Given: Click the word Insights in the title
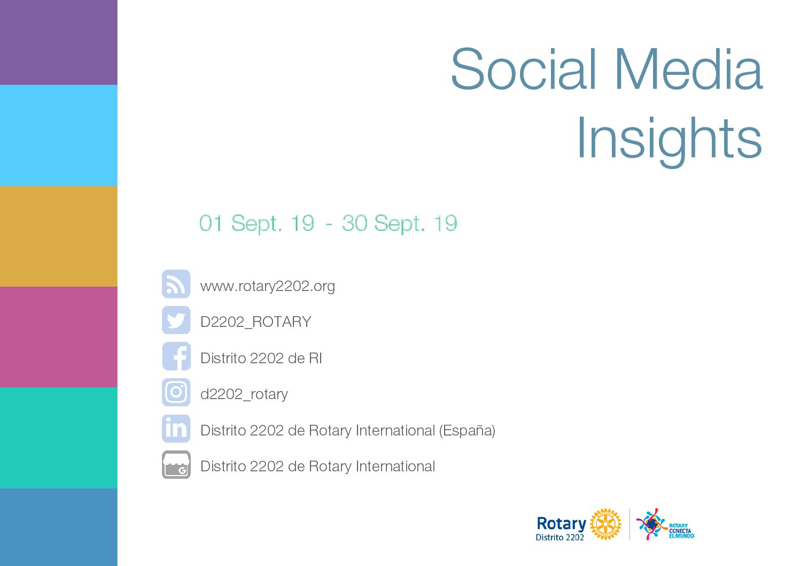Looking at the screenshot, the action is tap(670, 140).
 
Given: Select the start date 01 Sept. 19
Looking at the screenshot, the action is tap(257, 224).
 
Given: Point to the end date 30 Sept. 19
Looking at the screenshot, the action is tap(399, 224).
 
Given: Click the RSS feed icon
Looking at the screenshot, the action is tap(176, 284).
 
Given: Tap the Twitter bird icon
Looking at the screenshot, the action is tap(176, 320).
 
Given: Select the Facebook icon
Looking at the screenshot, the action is tap(176, 356).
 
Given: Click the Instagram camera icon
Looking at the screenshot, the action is tap(176, 392).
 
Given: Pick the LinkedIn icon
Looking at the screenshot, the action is tap(176, 429).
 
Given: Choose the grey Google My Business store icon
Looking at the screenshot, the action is tap(176, 464).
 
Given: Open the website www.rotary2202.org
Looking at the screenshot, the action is tap(268, 286).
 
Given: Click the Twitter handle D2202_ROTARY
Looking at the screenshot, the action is tap(256, 322).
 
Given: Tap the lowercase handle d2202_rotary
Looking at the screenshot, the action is tap(244, 394).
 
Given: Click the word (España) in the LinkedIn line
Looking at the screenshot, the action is tap(467, 431).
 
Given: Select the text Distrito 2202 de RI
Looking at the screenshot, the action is tap(261, 358).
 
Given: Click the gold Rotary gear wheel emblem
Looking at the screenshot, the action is tap(605, 524).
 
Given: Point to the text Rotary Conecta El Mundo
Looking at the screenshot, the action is tap(681, 531).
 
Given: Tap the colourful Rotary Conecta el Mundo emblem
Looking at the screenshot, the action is tap(651, 524).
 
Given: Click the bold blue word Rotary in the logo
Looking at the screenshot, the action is tap(562, 524).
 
